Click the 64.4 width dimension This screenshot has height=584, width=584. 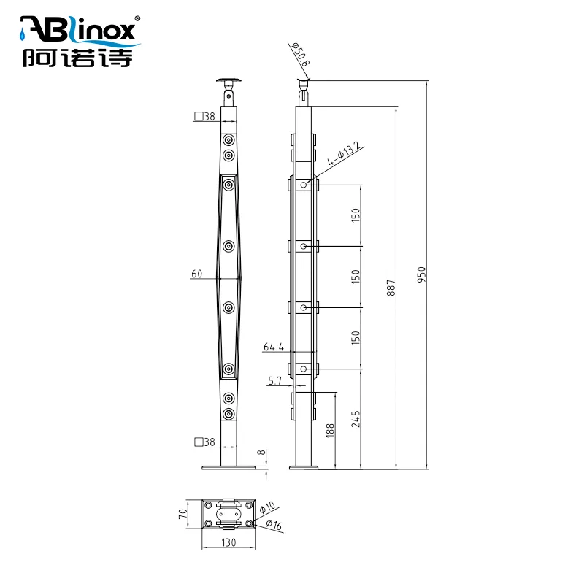click(273, 347)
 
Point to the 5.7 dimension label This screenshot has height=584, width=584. click(274, 380)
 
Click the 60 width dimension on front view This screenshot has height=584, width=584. click(196, 274)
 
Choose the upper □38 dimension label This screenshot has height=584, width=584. click(204, 116)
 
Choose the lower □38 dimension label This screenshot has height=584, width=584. click(204, 442)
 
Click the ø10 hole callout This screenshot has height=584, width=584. click(268, 506)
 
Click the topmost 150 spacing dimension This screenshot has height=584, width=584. click(356, 215)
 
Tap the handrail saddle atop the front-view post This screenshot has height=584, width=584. click(228, 81)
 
